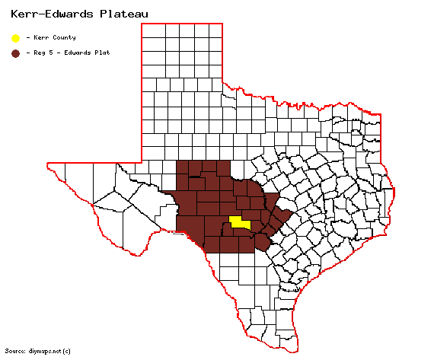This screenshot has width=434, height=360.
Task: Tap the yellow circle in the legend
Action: point(15,37)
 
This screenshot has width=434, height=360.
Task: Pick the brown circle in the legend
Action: point(15,53)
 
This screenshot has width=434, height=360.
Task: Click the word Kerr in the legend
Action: point(41,37)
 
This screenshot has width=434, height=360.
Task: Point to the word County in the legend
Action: point(65,37)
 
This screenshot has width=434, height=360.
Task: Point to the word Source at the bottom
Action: point(16,351)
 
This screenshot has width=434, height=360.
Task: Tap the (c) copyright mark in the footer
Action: point(67,351)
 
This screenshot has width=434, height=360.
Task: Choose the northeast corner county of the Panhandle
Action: point(215,31)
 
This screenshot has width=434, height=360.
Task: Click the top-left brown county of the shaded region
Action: point(183,169)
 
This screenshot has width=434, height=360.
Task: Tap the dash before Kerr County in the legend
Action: point(28,37)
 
